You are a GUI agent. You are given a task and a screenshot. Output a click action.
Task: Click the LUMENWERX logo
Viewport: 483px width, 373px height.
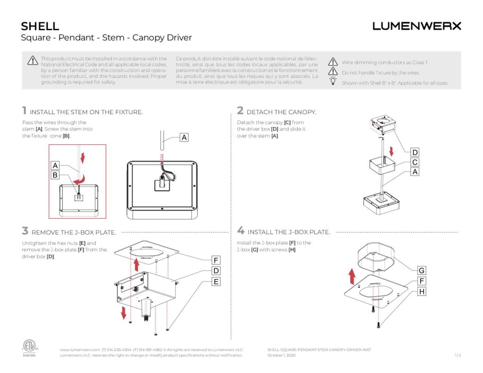click(x=416, y=26)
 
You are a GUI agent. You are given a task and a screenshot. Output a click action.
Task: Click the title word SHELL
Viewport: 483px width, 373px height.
click(x=40, y=26)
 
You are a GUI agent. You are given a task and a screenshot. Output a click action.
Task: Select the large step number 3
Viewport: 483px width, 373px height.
click(x=25, y=231)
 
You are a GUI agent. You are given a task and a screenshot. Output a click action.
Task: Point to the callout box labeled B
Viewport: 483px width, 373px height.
click(x=55, y=175)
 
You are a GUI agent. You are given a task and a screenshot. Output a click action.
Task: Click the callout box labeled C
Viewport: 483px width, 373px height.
click(x=415, y=162)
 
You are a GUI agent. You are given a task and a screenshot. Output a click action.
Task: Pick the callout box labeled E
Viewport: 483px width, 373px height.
click(x=216, y=282)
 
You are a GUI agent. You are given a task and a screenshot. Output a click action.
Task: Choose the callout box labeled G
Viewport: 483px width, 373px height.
click(x=421, y=271)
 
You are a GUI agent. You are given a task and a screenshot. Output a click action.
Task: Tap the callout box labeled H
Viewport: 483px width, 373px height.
click(x=421, y=291)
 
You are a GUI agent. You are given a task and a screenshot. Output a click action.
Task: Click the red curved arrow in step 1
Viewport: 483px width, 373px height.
click(x=82, y=179)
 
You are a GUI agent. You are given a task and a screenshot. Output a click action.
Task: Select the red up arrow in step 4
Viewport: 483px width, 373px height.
click(x=351, y=274)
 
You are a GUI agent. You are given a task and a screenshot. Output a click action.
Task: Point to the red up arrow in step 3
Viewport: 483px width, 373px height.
click(x=137, y=264)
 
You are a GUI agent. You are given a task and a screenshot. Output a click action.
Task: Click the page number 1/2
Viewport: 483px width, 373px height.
click(x=457, y=355)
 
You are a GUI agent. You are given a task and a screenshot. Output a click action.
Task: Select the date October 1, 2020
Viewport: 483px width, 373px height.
click(x=281, y=355)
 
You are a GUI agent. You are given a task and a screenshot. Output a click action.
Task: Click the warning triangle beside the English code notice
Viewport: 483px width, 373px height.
click(x=32, y=60)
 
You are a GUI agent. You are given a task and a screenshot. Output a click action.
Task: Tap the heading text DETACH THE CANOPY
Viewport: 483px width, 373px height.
click(x=281, y=112)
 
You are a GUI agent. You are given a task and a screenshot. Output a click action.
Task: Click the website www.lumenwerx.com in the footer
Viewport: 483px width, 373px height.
click(x=80, y=349)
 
